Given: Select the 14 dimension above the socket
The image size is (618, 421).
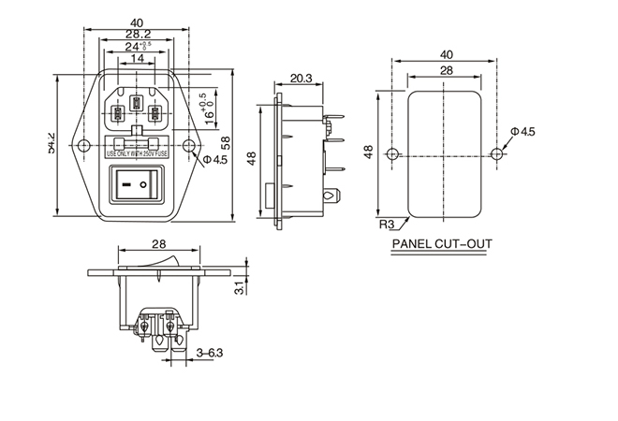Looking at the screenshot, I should point(137,58).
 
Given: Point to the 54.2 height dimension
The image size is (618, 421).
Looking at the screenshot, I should point(53,143).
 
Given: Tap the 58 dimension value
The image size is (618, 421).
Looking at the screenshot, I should point(225,143).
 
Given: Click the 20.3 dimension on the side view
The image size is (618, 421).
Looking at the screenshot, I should point(302,79).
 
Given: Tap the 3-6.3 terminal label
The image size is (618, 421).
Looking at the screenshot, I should point(210,353).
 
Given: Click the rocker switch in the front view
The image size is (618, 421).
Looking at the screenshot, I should point(137,185).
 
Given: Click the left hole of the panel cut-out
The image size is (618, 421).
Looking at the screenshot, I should point(392,152).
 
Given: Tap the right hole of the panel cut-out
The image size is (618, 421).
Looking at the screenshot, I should point(493,152).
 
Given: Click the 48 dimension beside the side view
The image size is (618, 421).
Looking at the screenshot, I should point(251,160).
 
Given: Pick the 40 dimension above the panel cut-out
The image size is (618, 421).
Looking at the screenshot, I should point(445,54).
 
